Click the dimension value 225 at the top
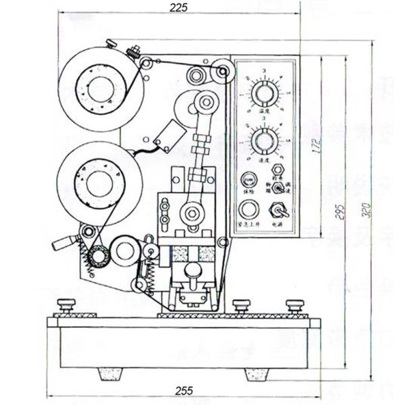click(179, 7)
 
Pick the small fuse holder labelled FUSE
click(250, 180)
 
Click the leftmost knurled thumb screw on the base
click(66, 305)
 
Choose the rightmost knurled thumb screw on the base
click(294, 305)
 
